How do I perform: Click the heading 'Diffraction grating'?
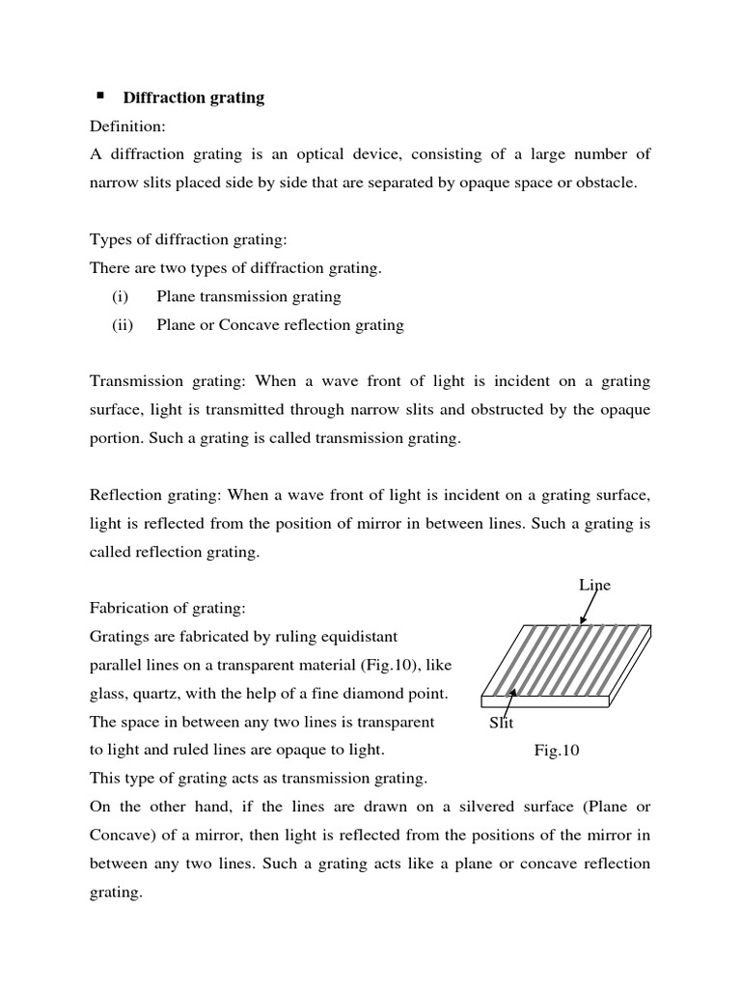coord(193,98)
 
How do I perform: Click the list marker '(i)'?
coord(121,297)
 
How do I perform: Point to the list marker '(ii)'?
coord(123,325)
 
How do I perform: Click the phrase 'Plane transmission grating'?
coord(249,297)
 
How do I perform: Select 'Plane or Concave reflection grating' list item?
coord(280,325)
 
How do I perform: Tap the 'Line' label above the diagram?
coord(594,585)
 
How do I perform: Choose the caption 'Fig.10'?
coord(557,750)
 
